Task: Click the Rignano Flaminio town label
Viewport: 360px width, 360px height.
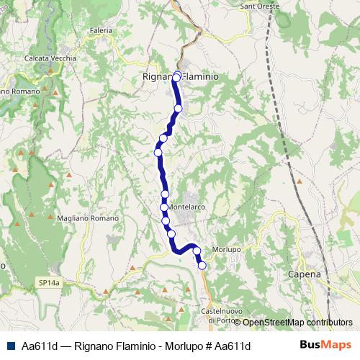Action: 181,76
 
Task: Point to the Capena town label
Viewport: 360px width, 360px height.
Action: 302,274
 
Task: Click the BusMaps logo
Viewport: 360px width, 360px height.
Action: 323,345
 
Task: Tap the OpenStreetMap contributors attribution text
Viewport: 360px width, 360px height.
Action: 297,323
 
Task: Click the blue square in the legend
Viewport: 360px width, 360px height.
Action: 9,346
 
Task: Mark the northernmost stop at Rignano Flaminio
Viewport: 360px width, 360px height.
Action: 176,74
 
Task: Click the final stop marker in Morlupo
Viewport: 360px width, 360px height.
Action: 202,266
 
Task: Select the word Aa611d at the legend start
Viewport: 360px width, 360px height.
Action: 40,346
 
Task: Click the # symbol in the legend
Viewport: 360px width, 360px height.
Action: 208,346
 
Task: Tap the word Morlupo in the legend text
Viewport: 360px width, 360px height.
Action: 183,346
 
